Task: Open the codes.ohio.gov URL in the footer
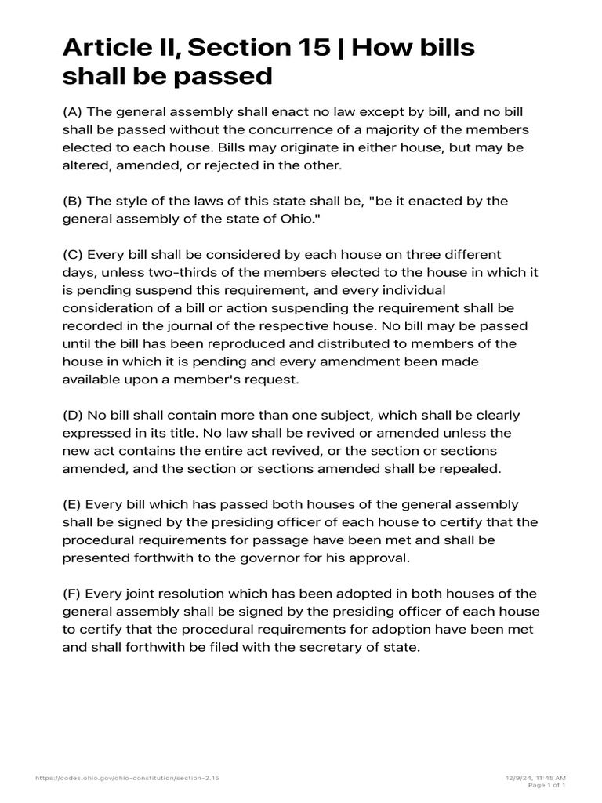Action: click(128, 777)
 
